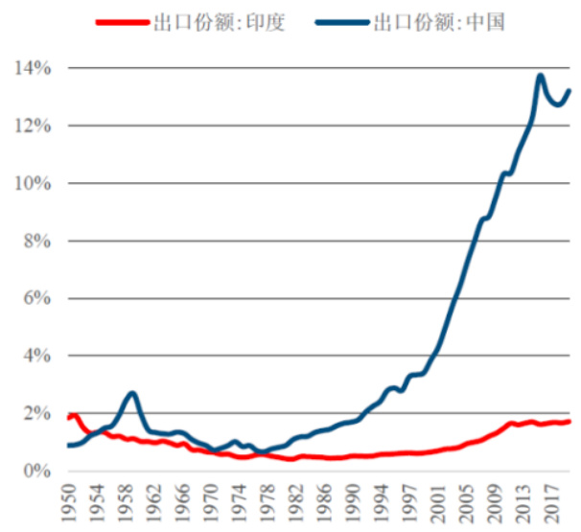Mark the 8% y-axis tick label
[35, 241]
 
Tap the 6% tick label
[35, 298]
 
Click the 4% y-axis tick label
[35, 356]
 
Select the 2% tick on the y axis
[35, 413]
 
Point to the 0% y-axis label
[35, 471]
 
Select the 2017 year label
[550, 502]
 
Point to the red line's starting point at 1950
[69, 416]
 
